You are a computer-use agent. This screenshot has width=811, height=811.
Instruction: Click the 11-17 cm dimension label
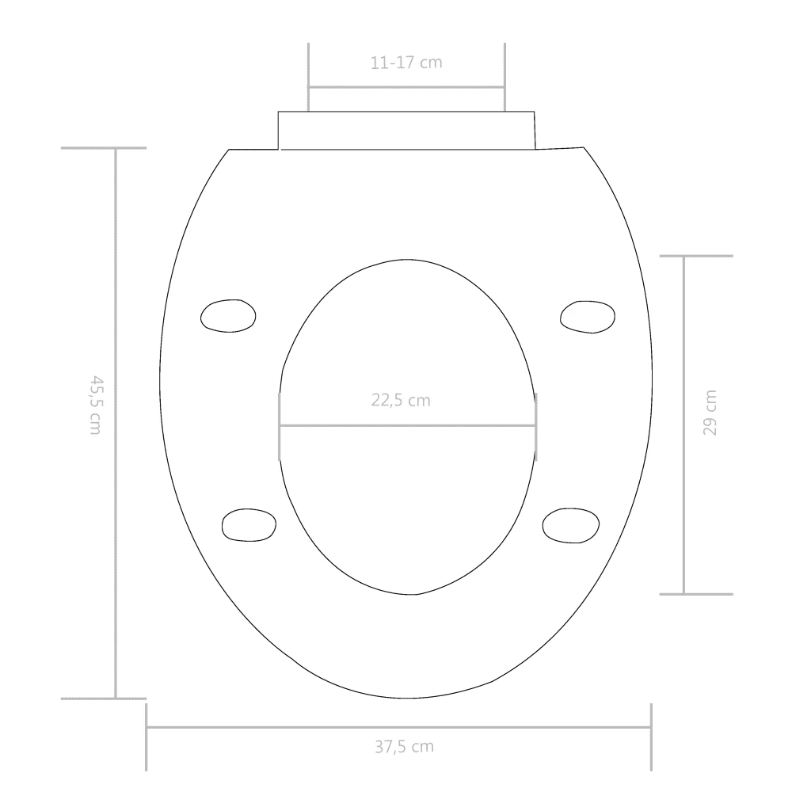point(406,63)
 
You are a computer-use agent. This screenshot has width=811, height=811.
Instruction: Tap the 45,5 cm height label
point(96,405)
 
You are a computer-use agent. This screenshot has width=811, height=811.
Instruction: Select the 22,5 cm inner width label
point(401,400)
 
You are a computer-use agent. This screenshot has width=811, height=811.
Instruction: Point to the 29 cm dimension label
point(710,413)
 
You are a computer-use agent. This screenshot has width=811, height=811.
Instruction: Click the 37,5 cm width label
point(405,747)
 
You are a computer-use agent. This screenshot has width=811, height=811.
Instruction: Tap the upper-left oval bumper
point(228,315)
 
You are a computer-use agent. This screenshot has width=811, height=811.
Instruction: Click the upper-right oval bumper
point(588,317)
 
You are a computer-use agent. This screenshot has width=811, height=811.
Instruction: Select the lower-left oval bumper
point(249,525)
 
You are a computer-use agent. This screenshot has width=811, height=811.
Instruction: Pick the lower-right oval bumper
point(571,526)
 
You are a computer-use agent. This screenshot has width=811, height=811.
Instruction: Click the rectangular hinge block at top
point(406,131)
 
